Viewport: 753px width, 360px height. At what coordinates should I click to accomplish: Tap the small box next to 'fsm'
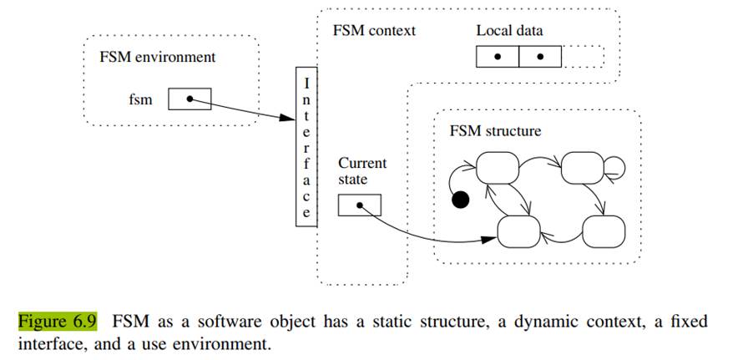(190, 99)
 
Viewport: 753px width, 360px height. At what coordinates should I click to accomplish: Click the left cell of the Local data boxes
(498, 57)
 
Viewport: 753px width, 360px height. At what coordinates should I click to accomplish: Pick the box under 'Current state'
(360, 205)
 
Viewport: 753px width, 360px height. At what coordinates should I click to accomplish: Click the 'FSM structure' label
(495, 131)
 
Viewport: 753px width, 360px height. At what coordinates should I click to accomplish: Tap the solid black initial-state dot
(459, 200)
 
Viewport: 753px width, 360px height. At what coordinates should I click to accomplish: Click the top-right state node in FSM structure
(582, 169)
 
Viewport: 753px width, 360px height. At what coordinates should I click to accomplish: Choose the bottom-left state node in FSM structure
(518, 231)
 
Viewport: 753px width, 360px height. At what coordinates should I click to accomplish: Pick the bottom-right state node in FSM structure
(604, 231)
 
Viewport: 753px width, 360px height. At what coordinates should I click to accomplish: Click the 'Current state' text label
(361, 171)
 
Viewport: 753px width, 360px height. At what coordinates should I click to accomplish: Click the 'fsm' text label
(140, 100)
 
